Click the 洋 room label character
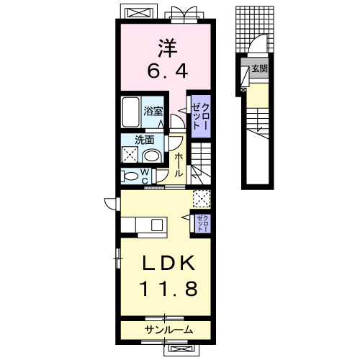tap(168, 48)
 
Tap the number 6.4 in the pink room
tap(167, 71)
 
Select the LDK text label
tap(168, 263)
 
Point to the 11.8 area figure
tap(168, 288)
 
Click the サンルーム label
tap(168, 330)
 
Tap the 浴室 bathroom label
tap(153, 112)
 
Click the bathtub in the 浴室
tap(131, 112)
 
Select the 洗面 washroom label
tap(144, 140)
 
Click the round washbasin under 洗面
tap(152, 156)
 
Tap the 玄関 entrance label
tap(259, 69)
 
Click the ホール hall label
tap(179, 165)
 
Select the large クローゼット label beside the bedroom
tap(201, 117)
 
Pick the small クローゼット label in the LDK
tap(203, 223)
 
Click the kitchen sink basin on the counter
tap(157, 225)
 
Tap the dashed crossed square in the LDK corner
tap(202, 199)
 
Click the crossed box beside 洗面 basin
tap(130, 154)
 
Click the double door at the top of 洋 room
tap(184, 14)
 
